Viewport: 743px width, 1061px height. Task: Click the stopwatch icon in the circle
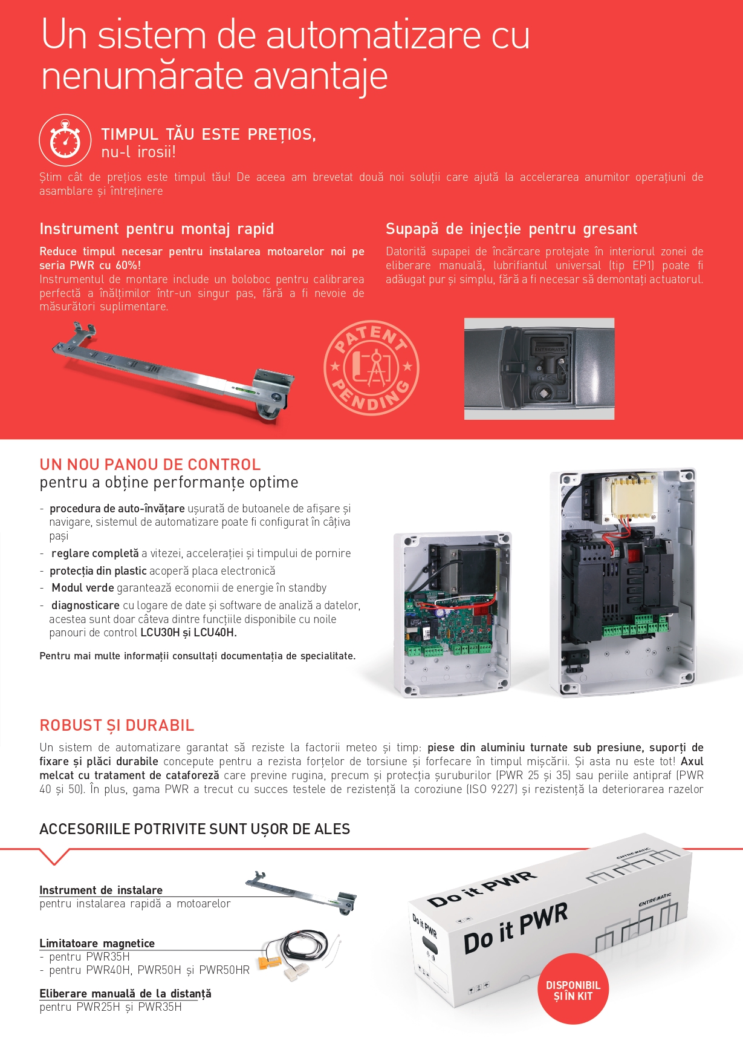coord(65,140)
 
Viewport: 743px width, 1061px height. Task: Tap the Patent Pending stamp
coord(371,367)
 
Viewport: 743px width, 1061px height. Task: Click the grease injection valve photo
coord(539,368)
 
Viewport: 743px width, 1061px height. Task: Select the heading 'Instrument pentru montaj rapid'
coord(157,229)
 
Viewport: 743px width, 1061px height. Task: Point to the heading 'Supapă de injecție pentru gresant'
coord(511,229)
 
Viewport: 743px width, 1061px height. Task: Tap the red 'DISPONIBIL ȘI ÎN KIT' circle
coord(573,990)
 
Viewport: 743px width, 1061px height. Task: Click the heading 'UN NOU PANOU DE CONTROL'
coord(150,465)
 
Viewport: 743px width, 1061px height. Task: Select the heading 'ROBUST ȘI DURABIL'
coord(117,725)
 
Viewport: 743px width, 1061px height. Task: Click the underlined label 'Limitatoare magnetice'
coord(97,943)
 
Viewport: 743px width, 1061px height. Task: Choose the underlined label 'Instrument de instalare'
coord(101,890)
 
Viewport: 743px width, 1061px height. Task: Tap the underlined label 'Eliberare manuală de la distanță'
coord(125,993)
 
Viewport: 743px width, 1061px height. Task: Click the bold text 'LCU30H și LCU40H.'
coord(189,633)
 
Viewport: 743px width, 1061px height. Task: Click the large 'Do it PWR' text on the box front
coord(516,927)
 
